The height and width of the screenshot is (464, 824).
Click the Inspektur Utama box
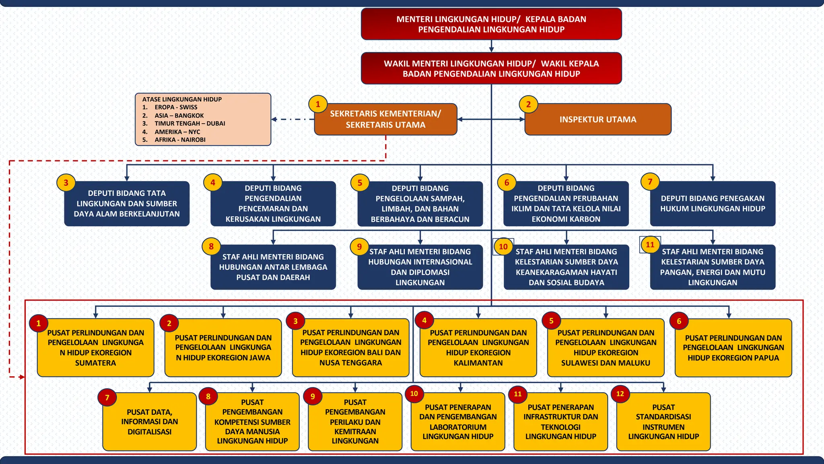[x=598, y=119]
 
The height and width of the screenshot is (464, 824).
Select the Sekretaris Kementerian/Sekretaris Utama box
[x=385, y=119]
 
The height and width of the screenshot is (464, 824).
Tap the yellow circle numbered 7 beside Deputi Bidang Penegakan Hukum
[x=650, y=182]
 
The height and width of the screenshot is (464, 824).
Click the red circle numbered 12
[x=620, y=394]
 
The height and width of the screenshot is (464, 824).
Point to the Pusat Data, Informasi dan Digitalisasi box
[x=149, y=422]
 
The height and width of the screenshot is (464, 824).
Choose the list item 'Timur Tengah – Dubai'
[x=190, y=123]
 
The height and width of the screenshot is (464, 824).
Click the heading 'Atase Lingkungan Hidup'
[x=182, y=99]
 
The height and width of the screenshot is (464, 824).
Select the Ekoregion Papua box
[x=733, y=348]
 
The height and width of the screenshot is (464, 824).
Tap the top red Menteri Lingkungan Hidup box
[x=491, y=24]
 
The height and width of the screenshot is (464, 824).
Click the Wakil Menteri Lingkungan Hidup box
[x=491, y=68]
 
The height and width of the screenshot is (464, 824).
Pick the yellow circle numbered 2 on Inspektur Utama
[x=528, y=104]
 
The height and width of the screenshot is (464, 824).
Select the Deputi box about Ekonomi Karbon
[x=566, y=203]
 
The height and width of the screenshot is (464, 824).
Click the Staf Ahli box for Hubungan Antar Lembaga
[x=273, y=267]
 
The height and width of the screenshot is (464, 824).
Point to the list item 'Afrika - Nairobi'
[x=180, y=140]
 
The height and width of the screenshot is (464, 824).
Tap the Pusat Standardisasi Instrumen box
[x=663, y=422]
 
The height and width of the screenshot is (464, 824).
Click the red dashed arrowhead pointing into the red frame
[x=22, y=377]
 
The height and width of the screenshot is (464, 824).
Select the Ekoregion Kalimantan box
[x=478, y=348]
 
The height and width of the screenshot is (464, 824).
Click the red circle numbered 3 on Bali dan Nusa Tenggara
[x=295, y=321]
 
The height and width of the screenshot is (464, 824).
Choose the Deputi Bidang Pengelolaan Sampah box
[x=420, y=203]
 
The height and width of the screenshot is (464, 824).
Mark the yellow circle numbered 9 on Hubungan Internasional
[x=359, y=246]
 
